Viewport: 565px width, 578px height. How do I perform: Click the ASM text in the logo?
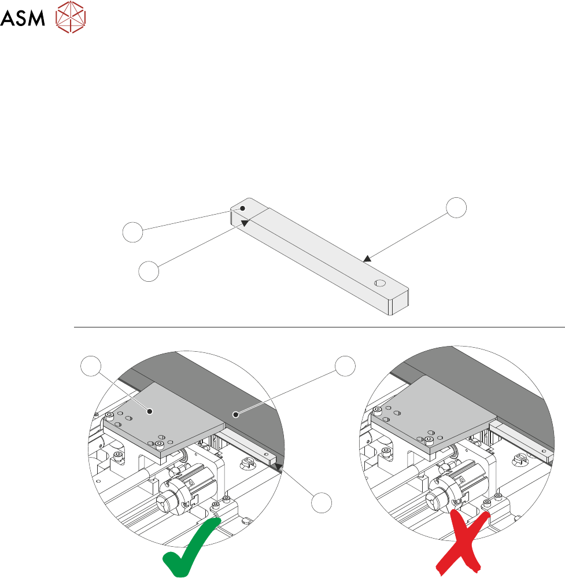click(23, 20)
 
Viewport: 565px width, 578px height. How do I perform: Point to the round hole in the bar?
click(380, 283)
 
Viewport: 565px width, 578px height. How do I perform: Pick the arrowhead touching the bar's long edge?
click(366, 260)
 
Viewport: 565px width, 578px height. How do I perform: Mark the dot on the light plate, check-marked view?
click(150, 411)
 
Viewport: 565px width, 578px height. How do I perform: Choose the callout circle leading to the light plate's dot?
click(88, 366)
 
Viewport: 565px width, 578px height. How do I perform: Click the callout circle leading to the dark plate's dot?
click(345, 366)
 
